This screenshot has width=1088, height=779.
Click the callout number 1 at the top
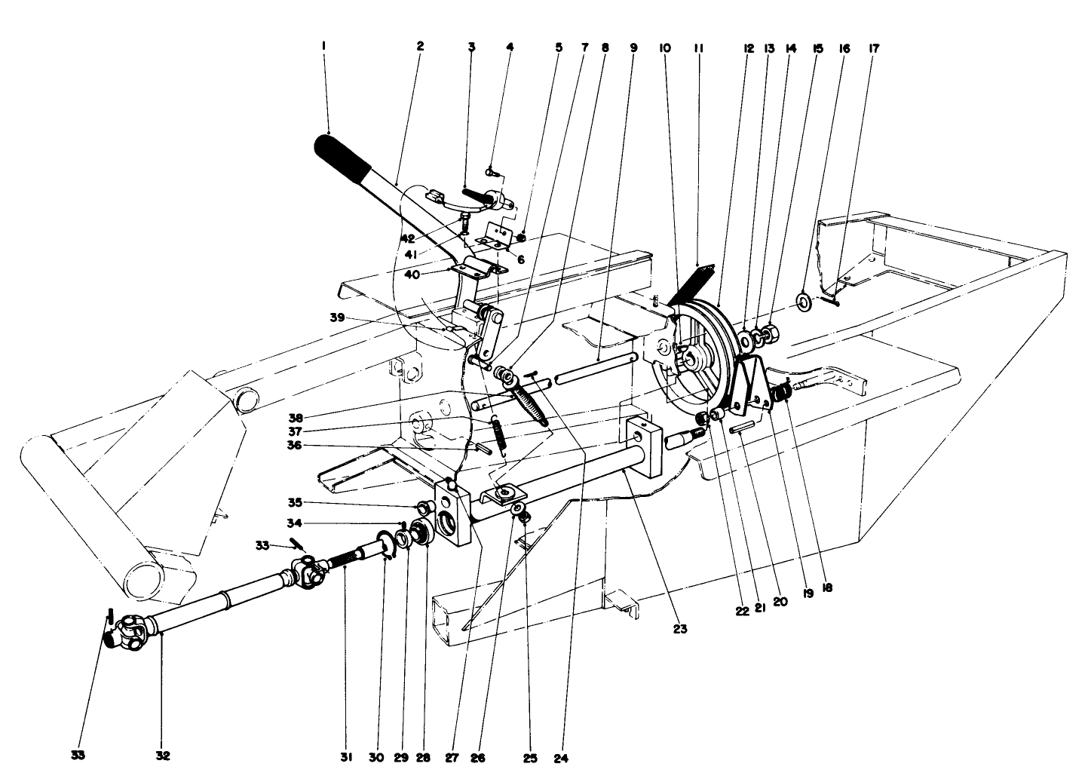(323, 46)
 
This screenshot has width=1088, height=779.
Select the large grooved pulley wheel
(705, 354)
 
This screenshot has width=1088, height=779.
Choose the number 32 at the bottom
(162, 756)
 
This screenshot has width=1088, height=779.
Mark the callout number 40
(412, 274)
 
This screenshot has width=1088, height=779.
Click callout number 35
(295, 502)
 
